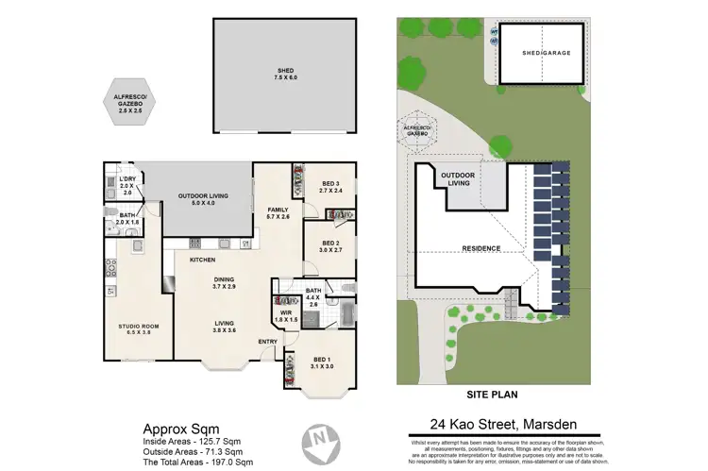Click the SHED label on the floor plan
[286, 71]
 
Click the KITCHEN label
[203, 260]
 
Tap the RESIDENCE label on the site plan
[480, 248]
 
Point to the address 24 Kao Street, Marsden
[502, 425]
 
